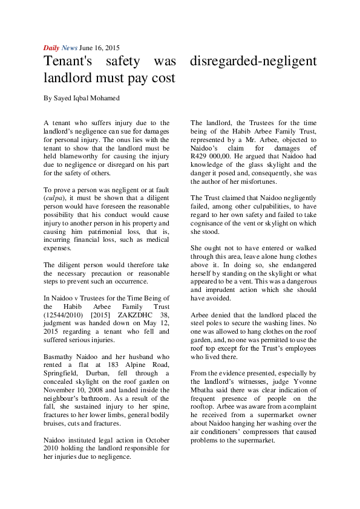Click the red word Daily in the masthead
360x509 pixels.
(51, 48)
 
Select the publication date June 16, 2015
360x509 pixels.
(99, 48)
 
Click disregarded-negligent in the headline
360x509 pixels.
(253, 61)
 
